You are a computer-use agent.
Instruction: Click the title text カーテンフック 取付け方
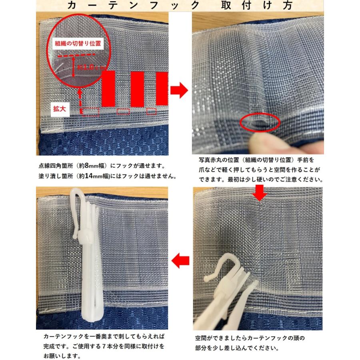pos(180,6)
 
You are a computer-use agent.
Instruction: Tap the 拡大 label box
pos(61,108)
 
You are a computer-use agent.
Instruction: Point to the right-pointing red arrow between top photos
pos(178,90)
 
